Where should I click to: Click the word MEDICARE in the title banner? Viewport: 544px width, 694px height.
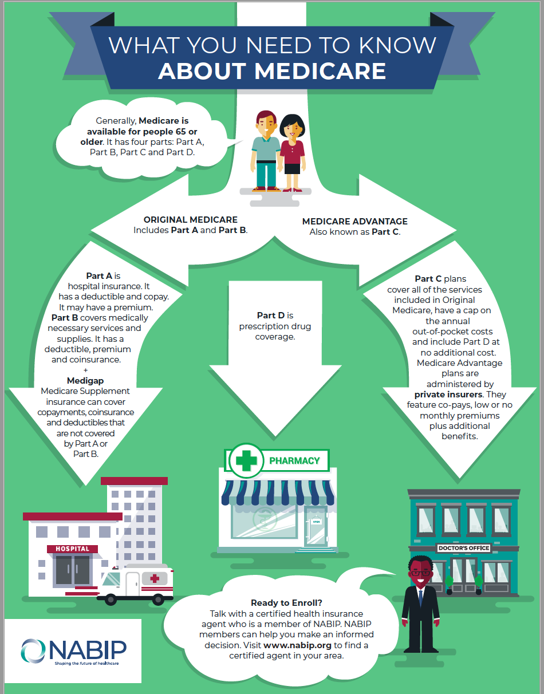pos(320,70)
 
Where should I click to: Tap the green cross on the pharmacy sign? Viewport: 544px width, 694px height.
pos(247,460)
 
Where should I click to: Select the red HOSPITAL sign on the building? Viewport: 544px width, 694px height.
pos(72,549)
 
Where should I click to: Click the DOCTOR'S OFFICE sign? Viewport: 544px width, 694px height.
pos(464,548)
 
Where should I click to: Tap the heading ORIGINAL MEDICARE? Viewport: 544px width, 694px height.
pos(190,220)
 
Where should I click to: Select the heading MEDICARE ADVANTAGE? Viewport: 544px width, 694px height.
pos(354,222)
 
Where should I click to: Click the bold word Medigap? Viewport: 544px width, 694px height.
pos(85,381)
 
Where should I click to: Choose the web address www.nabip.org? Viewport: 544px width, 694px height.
pos(298,645)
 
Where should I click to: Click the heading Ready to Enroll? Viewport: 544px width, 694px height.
pos(286,603)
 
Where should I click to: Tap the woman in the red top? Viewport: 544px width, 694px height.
pos(292,152)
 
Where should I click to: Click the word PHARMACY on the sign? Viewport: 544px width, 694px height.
pos(294,460)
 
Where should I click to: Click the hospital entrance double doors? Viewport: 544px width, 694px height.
pos(72,569)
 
